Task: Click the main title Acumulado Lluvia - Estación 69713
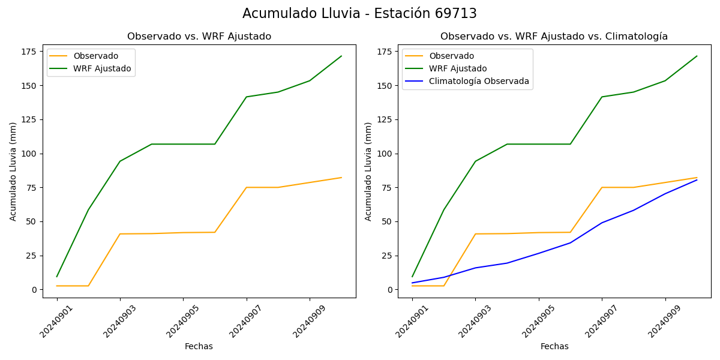359,14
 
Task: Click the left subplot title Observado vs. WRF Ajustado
199,37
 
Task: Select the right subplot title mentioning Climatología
554,37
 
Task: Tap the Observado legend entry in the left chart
96,56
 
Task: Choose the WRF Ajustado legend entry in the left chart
102,68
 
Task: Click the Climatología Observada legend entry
479,81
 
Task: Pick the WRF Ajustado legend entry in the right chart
458,68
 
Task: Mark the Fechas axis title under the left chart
199,346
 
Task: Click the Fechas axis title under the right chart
554,346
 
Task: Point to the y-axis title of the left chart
13,172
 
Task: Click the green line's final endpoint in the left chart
341,56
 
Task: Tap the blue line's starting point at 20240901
412,283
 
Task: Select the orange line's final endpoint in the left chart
341,178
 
